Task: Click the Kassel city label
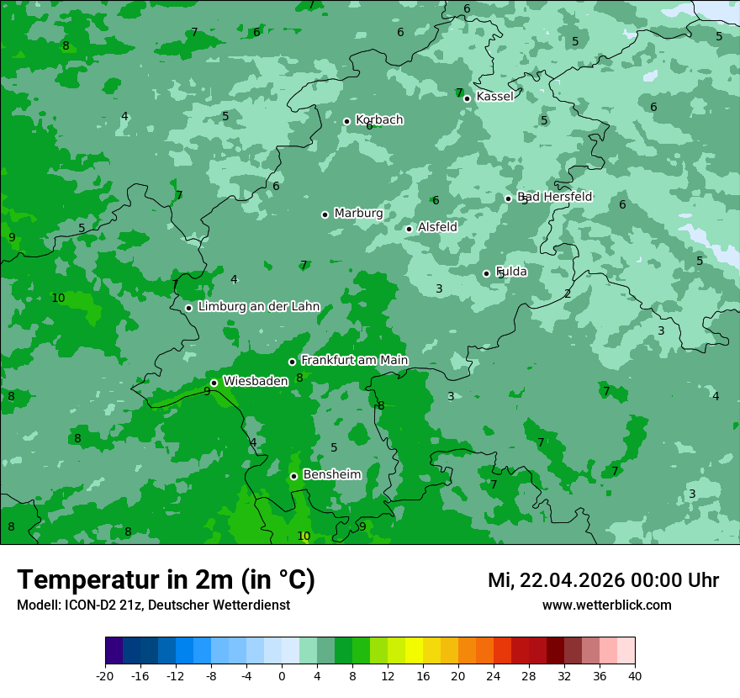coord(494,97)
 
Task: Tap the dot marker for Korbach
coord(346,121)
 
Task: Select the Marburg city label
coord(358,214)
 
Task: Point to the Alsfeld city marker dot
coord(410,229)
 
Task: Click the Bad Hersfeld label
coord(555,197)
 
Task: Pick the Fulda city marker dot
coord(486,273)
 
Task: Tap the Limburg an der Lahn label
coord(259,307)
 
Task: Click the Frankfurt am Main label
coord(354,361)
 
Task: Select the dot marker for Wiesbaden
coord(214,383)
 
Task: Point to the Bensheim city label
coord(332,475)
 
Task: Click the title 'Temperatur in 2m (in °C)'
coord(166,580)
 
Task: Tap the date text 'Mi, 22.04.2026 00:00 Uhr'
coord(603,581)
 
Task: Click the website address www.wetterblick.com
coord(607,605)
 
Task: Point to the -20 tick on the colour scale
coord(105,675)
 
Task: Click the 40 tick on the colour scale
coord(635,675)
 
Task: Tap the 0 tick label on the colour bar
coord(282,675)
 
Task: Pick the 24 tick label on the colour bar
coord(494,675)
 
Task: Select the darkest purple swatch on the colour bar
coord(114,651)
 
